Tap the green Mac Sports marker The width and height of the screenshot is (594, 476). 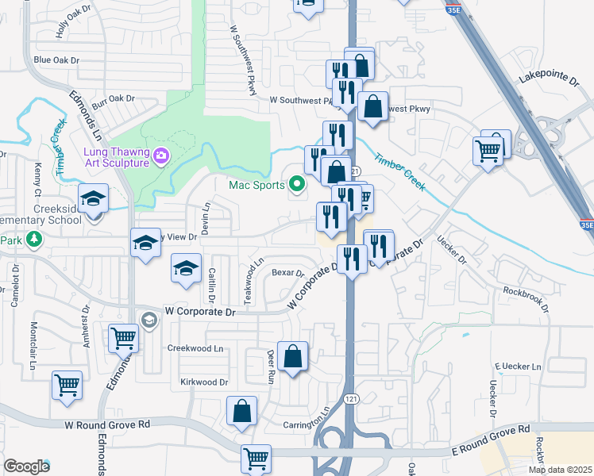pos(298,186)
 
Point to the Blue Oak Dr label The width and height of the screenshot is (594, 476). pos(56,60)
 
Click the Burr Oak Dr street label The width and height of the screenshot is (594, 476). pos(114,99)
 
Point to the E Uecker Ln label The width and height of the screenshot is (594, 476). pos(518,367)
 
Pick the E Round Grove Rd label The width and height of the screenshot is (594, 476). pos(492,439)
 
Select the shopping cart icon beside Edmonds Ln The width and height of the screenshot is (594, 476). pos(124,339)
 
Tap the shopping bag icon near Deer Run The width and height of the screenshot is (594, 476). pos(293,357)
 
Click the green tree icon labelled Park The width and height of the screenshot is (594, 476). pos(33,239)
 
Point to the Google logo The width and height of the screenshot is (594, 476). pos(26,466)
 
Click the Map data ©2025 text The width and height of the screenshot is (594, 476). pos(559,470)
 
